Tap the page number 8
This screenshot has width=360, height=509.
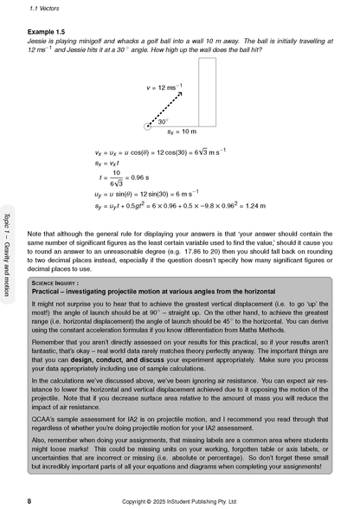coord(29,500)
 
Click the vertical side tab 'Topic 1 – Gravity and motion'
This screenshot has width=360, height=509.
coord(8,259)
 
